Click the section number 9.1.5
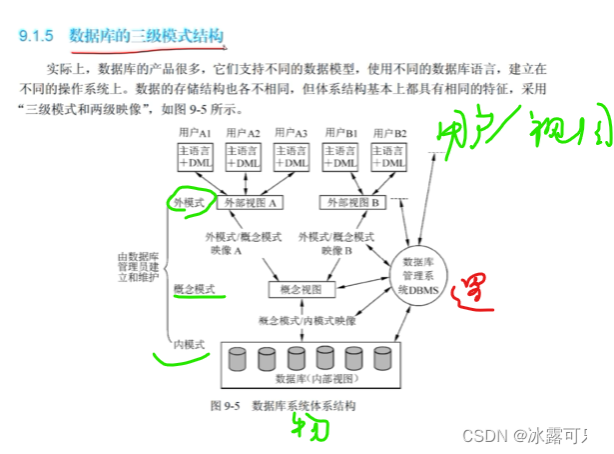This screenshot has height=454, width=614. pyautogui.click(x=39, y=37)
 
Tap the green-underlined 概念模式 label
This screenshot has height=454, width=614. pyautogui.click(x=194, y=289)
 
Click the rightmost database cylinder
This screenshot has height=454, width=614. pyautogui.click(x=384, y=358)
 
